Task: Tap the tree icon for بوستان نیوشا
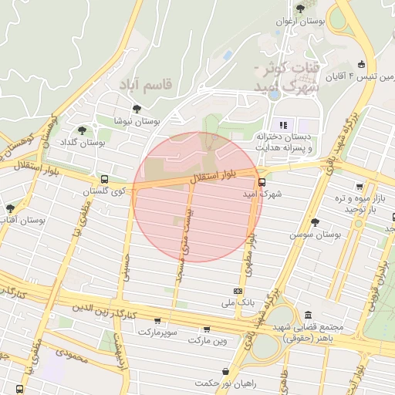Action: [x=137, y=109]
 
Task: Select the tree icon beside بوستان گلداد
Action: [x=83, y=130]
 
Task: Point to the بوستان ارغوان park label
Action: [x=313, y=22]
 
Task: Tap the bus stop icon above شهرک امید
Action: [x=262, y=183]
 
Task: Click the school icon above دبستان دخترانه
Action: [x=283, y=124]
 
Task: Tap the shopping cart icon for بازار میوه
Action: [x=360, y=187]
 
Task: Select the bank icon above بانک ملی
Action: [x=238, y=291]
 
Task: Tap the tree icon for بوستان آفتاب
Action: [x=10, y=208]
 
